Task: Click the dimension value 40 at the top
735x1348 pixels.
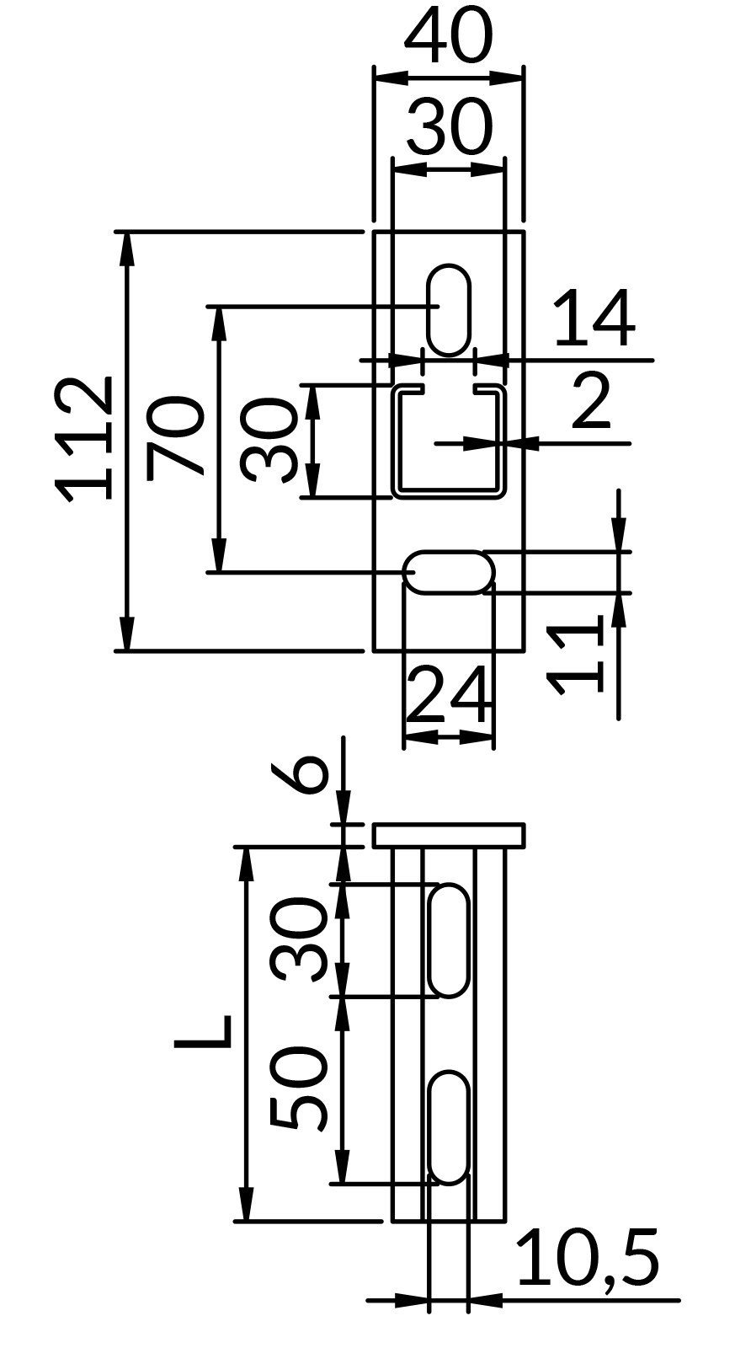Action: point(449,37)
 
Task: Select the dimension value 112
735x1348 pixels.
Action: point(83,439)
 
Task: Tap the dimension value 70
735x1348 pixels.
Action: point(173,437)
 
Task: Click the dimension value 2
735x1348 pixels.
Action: point(591,401)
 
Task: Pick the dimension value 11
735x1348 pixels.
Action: point(574,655)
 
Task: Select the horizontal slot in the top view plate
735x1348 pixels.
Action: point(449,572)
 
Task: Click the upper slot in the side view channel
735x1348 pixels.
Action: point(449,940)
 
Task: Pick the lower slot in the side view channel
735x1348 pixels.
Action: point(449,1128)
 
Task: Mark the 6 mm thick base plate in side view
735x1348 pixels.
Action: point(449,835)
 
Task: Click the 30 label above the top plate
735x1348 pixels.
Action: point(449,126)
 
